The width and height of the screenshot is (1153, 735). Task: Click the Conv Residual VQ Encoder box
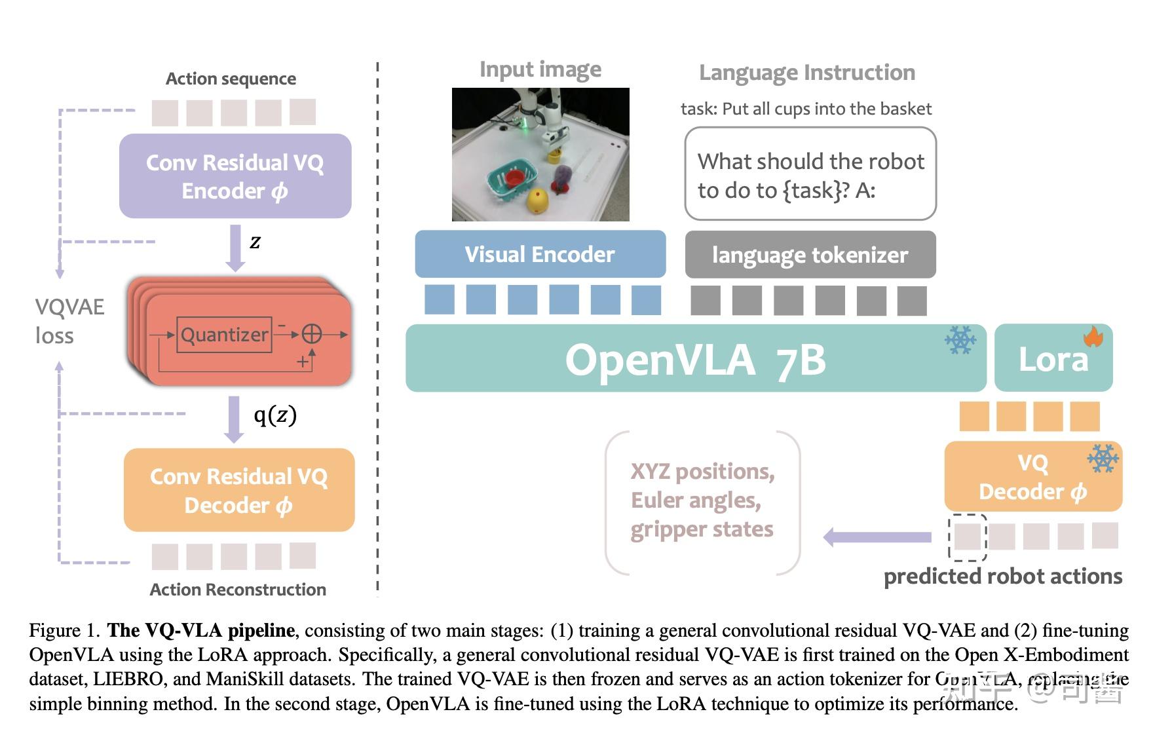coord(235,176)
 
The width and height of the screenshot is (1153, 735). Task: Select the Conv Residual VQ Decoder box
coord(239,490)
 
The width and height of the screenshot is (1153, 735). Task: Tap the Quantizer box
coord(224,335)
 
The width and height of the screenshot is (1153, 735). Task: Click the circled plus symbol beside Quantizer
coord(311,335)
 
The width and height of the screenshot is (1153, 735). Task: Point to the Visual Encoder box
coord(540,254)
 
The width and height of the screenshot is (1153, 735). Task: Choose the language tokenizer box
coord(810,255)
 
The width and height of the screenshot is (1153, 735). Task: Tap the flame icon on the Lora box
coord(1093,337)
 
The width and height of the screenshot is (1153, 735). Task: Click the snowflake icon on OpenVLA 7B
coord(960,340)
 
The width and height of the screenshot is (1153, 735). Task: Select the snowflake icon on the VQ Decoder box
coord(1103,459)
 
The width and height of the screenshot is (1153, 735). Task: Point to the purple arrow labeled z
coord(235,248)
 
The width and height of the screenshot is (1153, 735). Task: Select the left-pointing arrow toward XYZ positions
coord(877,537)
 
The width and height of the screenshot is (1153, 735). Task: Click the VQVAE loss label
coord(69,321)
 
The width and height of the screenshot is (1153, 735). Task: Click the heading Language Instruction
coord(806,72)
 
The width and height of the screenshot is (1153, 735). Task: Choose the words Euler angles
coord(695,500)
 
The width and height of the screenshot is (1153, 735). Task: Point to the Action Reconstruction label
coord(238,590)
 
